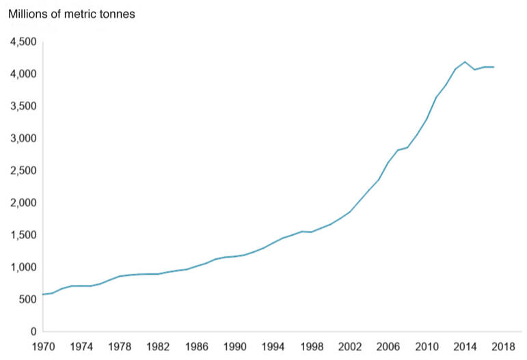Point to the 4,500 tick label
23,42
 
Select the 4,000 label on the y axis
23,74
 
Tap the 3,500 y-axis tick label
23,107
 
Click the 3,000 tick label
23,139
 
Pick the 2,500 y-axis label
23,171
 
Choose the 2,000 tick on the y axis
23,203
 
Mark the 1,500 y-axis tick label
23,235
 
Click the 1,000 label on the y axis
23,267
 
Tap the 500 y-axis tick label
26,300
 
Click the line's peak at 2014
465,61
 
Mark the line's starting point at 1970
42,294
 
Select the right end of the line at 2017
494,67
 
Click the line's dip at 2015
475,70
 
